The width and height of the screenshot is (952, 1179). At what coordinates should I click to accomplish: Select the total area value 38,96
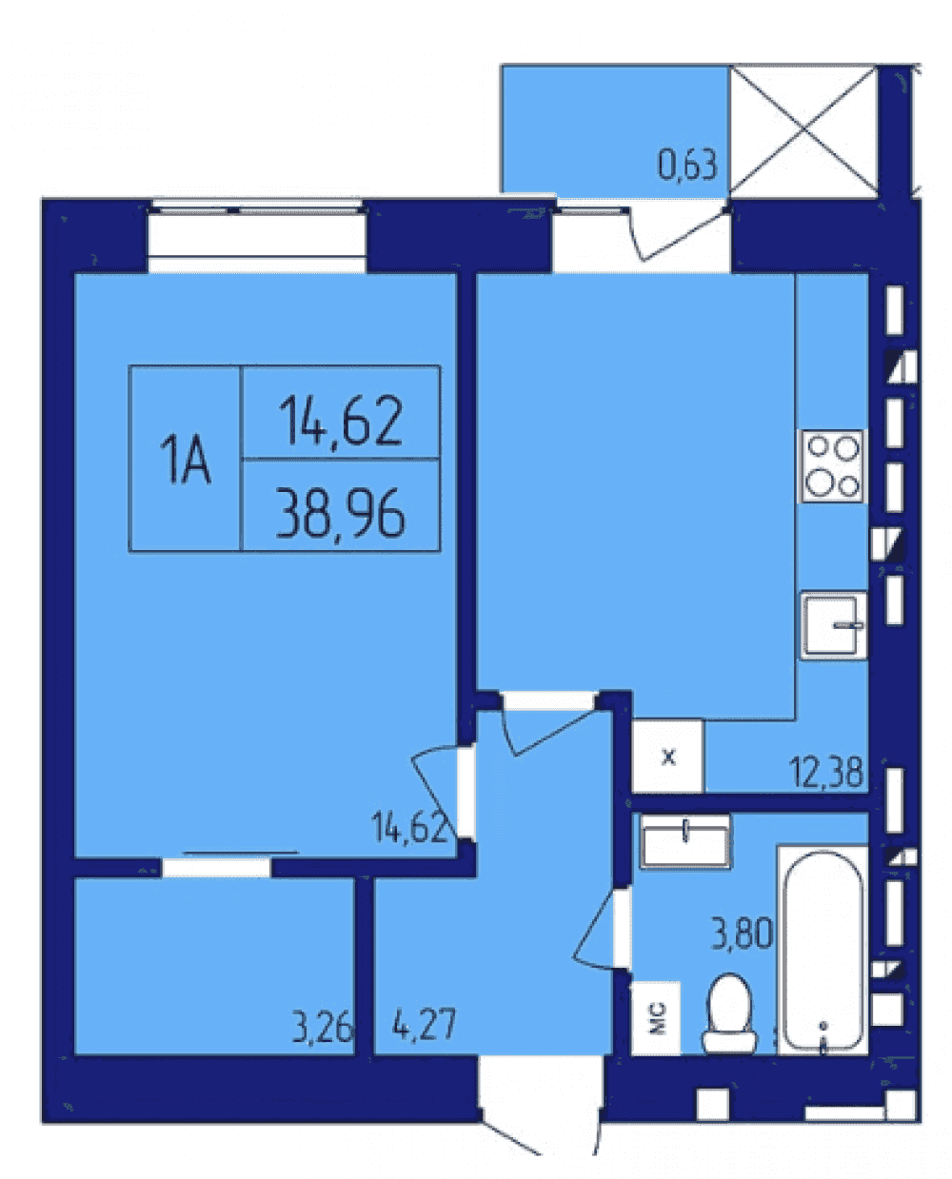coord(341,513)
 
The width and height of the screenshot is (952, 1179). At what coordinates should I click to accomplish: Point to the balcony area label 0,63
coord(686,165)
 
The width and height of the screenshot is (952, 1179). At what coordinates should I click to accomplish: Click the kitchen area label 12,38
coord(825,772)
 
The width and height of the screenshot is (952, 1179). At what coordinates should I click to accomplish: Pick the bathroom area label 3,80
coord(742,933)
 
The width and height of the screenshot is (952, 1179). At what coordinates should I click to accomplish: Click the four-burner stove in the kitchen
coord(831,465)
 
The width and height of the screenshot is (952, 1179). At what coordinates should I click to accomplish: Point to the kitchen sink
coord(834,625)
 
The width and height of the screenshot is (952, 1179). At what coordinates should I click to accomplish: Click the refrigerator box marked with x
coord(668,757)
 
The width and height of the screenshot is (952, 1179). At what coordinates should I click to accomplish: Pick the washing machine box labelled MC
coord(656,1018)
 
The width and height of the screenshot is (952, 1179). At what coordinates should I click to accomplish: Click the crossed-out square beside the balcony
coord(803,130)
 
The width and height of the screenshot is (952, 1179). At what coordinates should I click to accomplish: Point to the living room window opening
coord(256,235)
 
